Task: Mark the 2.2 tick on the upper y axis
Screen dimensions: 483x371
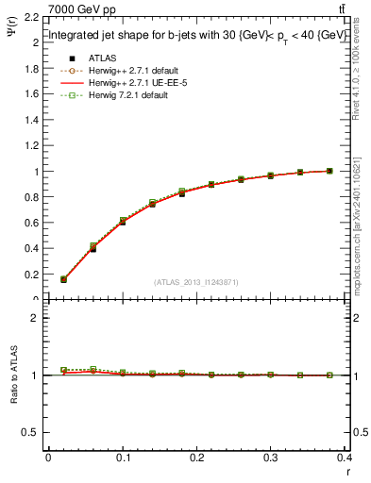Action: (30, 17)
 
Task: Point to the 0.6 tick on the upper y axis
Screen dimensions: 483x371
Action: (30, 223)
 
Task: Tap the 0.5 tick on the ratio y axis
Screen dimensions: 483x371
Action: (30, 432)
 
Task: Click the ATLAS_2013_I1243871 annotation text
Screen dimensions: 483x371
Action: (196, 282)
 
